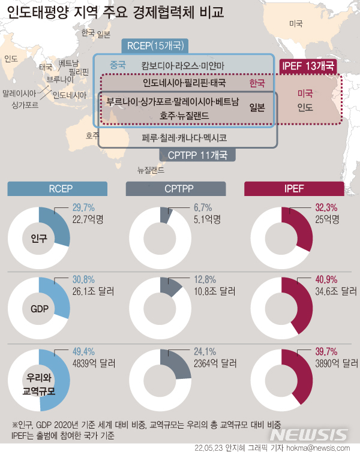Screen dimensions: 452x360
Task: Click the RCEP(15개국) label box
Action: [x=155, y=46]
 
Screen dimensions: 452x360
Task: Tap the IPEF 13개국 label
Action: [x=309, y=66]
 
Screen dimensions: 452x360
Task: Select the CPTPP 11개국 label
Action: [x=197, y=155]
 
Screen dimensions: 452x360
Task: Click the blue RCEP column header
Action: [x=58, y=188]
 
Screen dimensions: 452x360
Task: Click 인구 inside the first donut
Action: [x=39, y=237]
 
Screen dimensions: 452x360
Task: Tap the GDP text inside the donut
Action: [x=39, y=309]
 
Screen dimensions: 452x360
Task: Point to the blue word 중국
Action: [x=118, y=64]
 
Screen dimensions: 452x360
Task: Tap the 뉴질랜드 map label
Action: [x=150, y=170]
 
